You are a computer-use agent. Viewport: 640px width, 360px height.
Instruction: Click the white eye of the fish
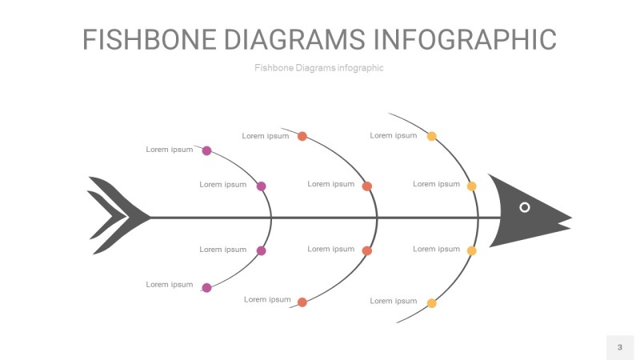click(x=525, y=207)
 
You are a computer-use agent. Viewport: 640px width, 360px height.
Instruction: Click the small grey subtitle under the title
click(x=319, y=68)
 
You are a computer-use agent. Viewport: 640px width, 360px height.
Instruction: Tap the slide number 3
click(x=619, y=347)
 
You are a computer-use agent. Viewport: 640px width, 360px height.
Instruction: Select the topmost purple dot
click(x=206, y=150)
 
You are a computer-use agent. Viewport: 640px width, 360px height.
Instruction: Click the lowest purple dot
click(x=206, y=288)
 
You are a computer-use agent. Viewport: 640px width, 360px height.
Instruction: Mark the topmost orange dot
click(x=302, y=136)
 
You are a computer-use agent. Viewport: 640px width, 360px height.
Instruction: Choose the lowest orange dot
click(x=302, y=302)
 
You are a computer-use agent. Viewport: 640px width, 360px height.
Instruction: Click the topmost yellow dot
click(x=432, y=136)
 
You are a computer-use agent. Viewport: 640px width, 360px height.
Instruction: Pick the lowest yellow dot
click(x=432, y=303)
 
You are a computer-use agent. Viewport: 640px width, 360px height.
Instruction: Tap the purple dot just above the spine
click(x=261, y=186)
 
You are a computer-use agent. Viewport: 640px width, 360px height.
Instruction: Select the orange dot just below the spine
click(x=367, y=251)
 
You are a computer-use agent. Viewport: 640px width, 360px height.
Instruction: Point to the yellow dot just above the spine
click(x=472, y=186)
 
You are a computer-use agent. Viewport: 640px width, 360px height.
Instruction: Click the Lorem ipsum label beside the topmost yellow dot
click(x=394, y=136)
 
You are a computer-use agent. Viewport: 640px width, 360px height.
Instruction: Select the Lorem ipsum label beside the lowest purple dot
click(x=170, y=285)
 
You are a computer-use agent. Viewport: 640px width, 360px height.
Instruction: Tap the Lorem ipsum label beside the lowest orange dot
click(x=267, y=300)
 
